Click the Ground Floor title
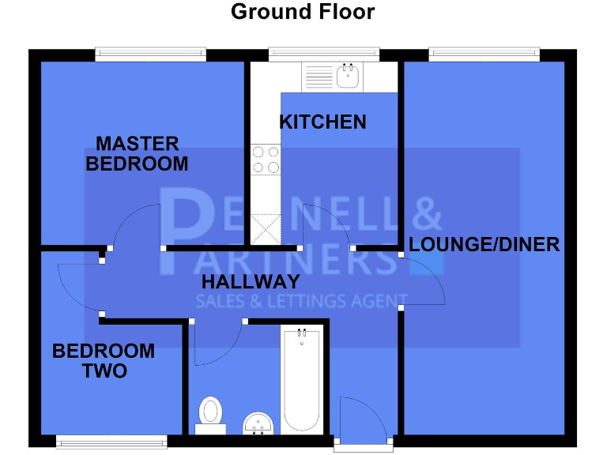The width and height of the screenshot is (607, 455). (x=303, y=12)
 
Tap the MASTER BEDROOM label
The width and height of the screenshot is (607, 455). (x=137, y=154)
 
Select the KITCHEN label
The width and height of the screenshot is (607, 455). (x=322, y=122)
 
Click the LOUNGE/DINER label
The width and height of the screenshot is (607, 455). (x=484, y=244)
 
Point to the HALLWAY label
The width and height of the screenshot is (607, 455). (x=251, y=282)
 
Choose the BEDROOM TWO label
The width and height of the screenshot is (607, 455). (x=104, y=361)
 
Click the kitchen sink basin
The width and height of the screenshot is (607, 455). (x=348, y=77)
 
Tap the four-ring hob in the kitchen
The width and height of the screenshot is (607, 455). (x=265, y=160)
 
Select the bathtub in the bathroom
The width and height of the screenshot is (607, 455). (x=301, y=380)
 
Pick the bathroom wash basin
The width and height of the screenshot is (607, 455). (x=258, y=424)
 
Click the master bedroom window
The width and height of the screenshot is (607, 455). (x=150, y=55)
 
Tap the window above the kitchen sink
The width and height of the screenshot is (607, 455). (x=323, y=55)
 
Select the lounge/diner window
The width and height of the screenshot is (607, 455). (x=484, y=55)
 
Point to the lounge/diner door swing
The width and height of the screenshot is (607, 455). (x=423, y=280)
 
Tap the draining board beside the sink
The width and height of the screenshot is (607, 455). (x=319, y=77)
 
